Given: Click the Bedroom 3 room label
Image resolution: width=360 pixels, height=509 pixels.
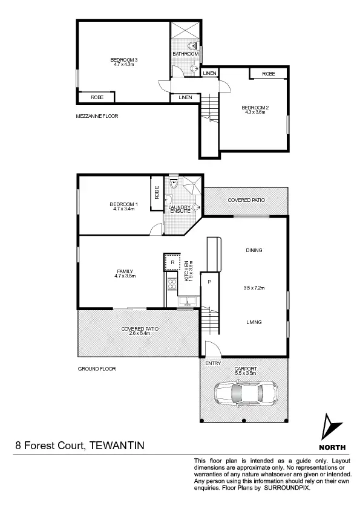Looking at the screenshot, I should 124,59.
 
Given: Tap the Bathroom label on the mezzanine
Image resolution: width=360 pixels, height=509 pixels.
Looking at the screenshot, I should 185,54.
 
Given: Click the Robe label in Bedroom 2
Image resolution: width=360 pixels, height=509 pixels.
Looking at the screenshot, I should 269,73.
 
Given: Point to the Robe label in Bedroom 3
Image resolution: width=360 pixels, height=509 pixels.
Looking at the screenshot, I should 97,97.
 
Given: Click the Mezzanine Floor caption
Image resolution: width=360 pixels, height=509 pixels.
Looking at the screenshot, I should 93,115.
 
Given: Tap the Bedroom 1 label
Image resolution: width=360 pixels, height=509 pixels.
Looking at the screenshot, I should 124,204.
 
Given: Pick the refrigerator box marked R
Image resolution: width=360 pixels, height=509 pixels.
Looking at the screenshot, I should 172,263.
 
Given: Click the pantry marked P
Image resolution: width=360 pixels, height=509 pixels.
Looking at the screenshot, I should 209,282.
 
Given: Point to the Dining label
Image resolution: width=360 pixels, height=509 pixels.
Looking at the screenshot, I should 254,250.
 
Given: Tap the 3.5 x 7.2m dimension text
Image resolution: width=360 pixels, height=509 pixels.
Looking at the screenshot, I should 254,288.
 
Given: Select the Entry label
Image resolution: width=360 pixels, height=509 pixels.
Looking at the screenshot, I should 213,363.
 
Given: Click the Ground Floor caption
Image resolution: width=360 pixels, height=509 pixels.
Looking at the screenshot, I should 96,368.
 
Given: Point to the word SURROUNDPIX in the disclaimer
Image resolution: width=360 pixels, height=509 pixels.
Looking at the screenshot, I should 288,487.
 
